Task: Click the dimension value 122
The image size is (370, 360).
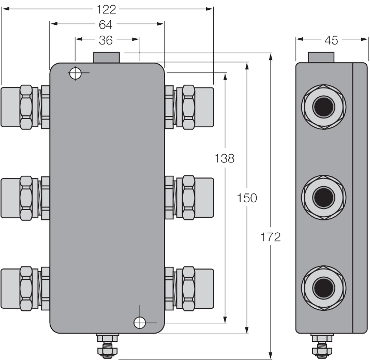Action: [107, 8]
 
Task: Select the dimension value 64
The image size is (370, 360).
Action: [106, 24]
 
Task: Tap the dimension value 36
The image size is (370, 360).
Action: [106, 39]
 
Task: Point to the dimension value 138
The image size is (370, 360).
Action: [225, 159]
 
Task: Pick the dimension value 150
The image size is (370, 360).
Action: [247, 198]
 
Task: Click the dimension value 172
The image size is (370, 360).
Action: [271, 237]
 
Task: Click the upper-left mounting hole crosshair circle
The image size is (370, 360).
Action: [76, 73]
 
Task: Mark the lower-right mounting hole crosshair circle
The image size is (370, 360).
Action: [139, 323]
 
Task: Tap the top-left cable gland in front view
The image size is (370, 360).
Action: [25, 108]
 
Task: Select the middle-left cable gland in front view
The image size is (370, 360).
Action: [25, 198]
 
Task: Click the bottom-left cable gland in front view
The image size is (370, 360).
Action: [25, 288]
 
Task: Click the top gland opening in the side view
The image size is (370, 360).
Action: [324, 107]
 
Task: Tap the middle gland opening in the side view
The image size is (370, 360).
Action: [324, 197]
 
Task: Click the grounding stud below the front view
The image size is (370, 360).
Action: [108, 346]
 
